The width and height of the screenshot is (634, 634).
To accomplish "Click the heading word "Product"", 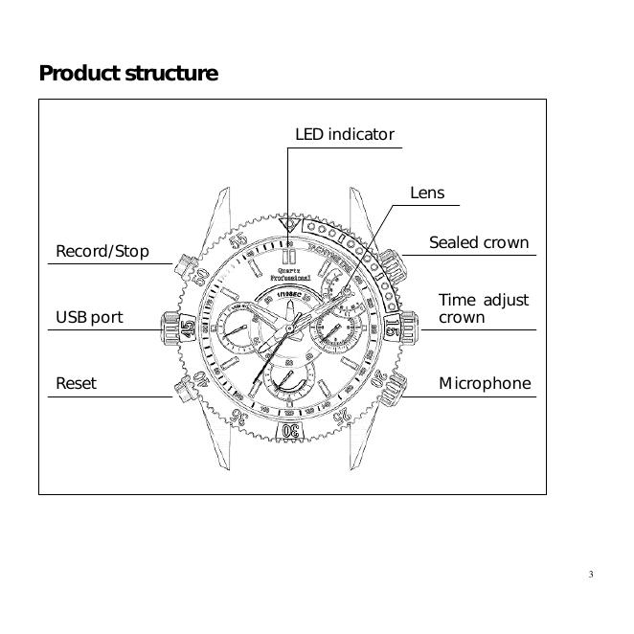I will click(x=79, y=73).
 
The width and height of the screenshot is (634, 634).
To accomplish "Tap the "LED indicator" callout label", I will click(x=344, y=135).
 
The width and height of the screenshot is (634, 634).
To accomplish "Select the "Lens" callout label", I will click(x=427, y=193).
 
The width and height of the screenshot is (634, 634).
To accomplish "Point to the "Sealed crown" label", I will click(x=478, y=243).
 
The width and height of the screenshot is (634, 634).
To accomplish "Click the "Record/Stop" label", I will click(x=102, y=252).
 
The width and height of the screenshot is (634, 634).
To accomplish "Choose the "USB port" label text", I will click(x=89, y=317).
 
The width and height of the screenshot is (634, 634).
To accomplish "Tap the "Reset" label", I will click(x=76, y=383).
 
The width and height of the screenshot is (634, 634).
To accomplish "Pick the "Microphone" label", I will click(x=485, y=383).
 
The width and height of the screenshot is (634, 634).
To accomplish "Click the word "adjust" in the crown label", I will click(x=505, y=300).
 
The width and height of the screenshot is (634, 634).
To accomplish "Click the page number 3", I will click(x=591, y=575).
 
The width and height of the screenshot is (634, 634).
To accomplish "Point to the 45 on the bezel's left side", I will click(x=188, y=328).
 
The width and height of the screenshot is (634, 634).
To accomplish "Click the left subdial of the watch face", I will click(x=238, y=328).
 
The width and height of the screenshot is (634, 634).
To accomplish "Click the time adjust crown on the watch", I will click(x=409, y=328).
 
